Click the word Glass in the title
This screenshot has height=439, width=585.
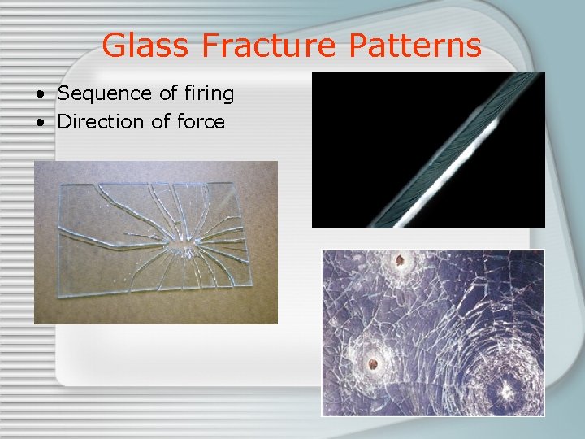(x=147, y=46)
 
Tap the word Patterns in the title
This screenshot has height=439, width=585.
(x=415, y=46)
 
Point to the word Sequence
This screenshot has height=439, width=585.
(x=102, y=94)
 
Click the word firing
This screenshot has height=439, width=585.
(x=208, y=94)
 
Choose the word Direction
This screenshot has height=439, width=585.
(x=99, y=122)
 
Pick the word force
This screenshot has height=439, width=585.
(x=200, y=122)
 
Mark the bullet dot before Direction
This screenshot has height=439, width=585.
(x=39, y=123)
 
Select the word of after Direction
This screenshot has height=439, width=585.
(x=158, y=122)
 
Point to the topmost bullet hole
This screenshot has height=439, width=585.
(x=400, y=262)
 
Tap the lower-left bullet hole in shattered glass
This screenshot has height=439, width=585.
(x=372, y=363)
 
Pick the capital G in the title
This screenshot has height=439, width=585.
(x=116, y=46)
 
